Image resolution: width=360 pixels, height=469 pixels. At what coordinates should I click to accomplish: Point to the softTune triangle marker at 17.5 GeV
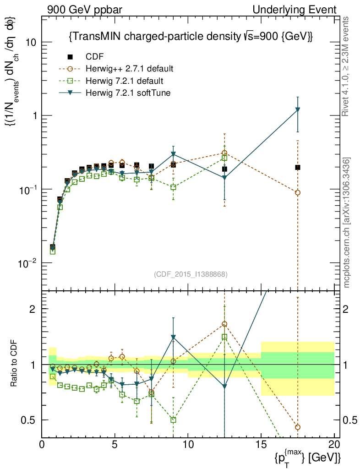[x=298, y=109]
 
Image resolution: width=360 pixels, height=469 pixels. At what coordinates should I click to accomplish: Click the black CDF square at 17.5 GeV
[x=298, y=167]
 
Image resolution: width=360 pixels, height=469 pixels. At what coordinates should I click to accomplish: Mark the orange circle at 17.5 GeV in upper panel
[x=298, y=193]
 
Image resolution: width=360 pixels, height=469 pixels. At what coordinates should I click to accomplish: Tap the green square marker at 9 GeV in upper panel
[x=173, y=187]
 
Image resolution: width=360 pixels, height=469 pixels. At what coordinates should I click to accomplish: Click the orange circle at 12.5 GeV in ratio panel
[x=224, y=324]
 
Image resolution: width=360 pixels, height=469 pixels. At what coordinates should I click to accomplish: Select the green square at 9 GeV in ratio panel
[x=173, y=420]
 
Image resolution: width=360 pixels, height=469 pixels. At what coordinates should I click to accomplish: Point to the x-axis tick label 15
[x=261, y=445]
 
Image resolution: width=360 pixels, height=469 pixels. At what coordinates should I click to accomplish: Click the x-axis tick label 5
[x=115, y=445]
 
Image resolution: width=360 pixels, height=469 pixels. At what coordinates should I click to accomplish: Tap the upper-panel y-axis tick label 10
[x=30, y=42]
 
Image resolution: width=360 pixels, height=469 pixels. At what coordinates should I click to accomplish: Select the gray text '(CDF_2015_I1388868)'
[x=191, y=274]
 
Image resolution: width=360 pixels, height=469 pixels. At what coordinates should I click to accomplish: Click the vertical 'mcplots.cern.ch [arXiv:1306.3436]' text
[x=347, y=223]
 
